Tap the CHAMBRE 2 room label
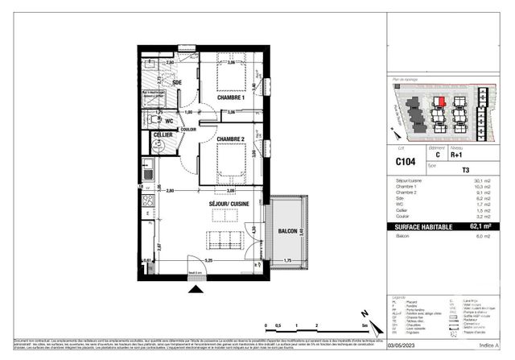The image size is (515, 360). pyautogui.click(x=231, y=138)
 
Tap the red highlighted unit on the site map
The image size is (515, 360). pyautogui.click(x=441, y=101)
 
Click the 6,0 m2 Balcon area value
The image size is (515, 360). pyautogui.click(x=480, y=236)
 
